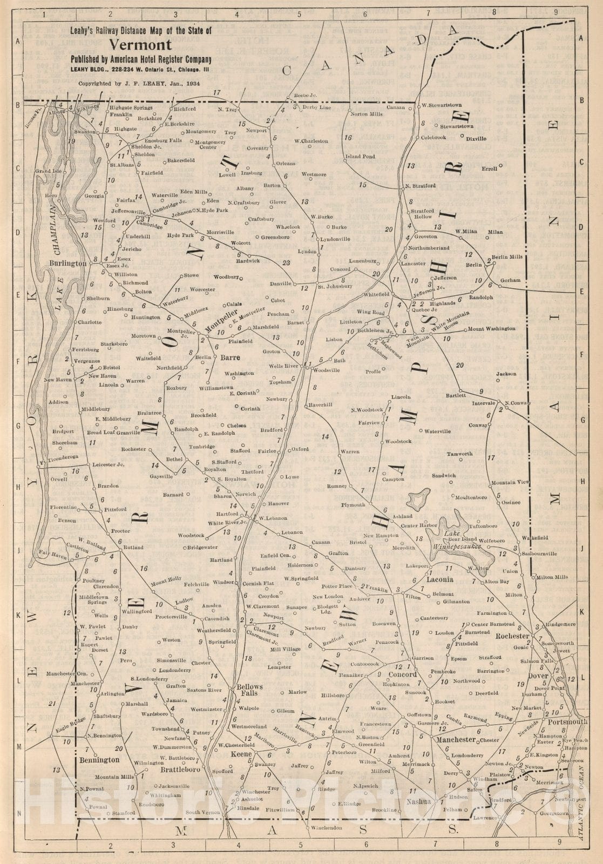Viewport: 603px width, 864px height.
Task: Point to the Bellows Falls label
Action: tap(249, 690)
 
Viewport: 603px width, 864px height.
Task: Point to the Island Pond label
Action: tap(360, 157)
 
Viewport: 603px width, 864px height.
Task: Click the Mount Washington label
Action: tap(491, 328)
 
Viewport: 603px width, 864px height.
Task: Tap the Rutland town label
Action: tap(133, 548)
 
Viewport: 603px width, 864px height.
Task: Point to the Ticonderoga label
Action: tap(64, 457)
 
